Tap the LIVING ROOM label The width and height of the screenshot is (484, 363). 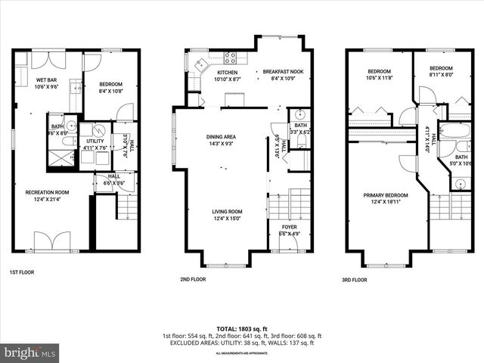(227, 212)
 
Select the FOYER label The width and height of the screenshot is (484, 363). (290, 226)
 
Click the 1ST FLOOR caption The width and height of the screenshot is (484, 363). (21, 271)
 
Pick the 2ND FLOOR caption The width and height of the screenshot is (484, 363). (193, 279)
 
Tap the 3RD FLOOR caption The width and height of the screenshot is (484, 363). (355, 279)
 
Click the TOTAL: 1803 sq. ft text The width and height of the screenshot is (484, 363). (242, 329)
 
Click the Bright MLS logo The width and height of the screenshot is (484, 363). (30, 352)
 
